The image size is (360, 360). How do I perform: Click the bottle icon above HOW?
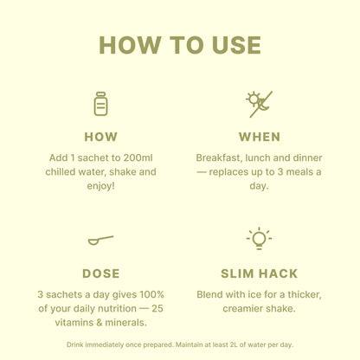coord(100,104)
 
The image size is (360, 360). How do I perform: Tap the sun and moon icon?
coord(259,104)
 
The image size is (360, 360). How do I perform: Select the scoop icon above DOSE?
coord(100,241)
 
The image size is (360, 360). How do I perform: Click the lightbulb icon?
coord(259,238)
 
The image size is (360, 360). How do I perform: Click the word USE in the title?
coord(236,45)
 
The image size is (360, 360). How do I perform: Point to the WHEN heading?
coord(260,137)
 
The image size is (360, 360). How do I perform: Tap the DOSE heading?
coord(101,273)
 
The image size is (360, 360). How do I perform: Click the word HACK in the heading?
coord(278,273)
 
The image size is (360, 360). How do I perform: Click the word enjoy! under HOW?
coord(101,186)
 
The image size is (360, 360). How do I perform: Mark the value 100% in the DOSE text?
coord(151,294)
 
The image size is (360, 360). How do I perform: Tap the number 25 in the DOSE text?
coord(157,308)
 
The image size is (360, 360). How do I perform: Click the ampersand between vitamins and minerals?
coord(100,323)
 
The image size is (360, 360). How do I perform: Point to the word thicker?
coord(305,295)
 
